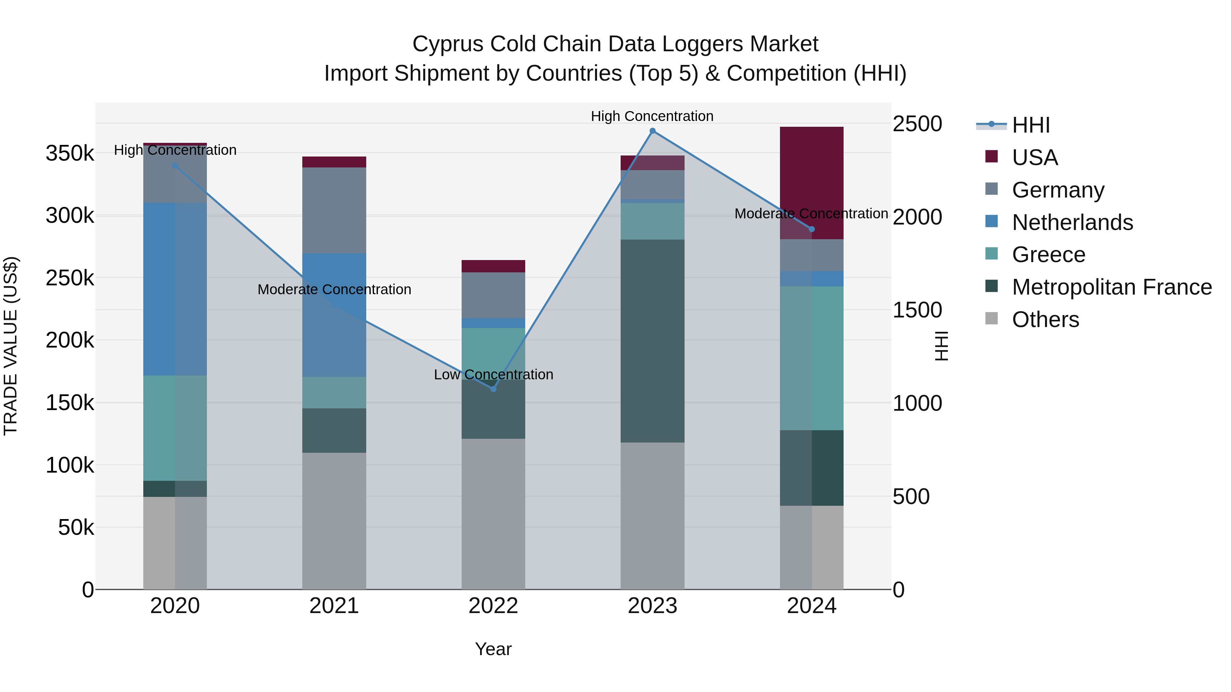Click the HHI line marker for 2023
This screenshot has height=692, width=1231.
pyautogui.click(x=652, y=131)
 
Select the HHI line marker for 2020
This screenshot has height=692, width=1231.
pyautogui.click(x=175, y=166)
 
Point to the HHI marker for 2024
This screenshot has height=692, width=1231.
pyautogui.click(x=811, y=229)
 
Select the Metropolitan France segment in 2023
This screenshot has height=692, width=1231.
pyautogui.click(x=652, y=341)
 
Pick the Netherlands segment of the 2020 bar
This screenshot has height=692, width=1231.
pyautogui.click(x=175, y=289)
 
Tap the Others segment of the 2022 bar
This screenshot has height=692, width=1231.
pyautogui.click(x=493, y=514)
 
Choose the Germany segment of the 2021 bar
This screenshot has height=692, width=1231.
pyautogui.click(x=334, y=210)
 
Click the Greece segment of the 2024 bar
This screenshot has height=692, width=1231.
pyautogui.click(x=811, y=358)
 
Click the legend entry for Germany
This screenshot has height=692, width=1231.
pyautogui.click(x=1058, y=190)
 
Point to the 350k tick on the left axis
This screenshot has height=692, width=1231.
pyautogui.click(x=70, y=154)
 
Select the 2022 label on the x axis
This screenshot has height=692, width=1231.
pyautogui.click(x=493, y=606)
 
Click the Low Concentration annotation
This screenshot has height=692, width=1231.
pyautogui.click(x=493, y=375)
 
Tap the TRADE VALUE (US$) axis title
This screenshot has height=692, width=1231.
pyautogui.click(x=11, y=346)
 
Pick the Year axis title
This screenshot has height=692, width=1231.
pyautogui.click(x=493, y=649)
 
